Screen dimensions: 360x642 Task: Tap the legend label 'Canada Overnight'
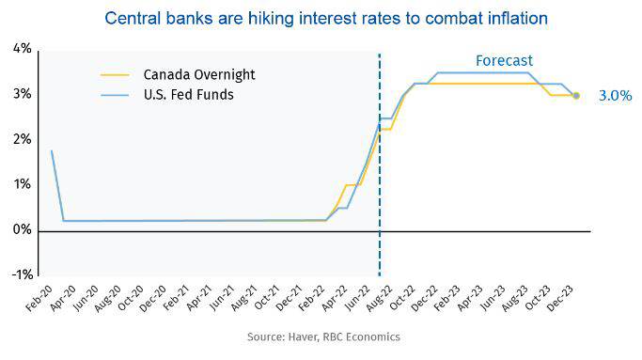[x=198, y=74]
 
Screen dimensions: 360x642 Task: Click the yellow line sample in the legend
[x=117, y=74]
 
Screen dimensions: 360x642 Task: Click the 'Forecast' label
[x=504, y=61]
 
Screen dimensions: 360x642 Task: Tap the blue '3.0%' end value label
[x=616, y=95]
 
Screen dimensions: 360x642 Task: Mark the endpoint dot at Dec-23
[x=575, y=95]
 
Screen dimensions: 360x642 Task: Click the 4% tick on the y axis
[x=21, y=49]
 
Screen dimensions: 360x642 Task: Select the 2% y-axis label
[x=21, y=140]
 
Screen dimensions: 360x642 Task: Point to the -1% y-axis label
[x=19, y=274]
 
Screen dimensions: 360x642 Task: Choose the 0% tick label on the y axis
[x=21, y=230]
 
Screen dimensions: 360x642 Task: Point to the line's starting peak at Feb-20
[x=51, y=150]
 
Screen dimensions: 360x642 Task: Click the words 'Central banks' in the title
[x=150, y=18]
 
